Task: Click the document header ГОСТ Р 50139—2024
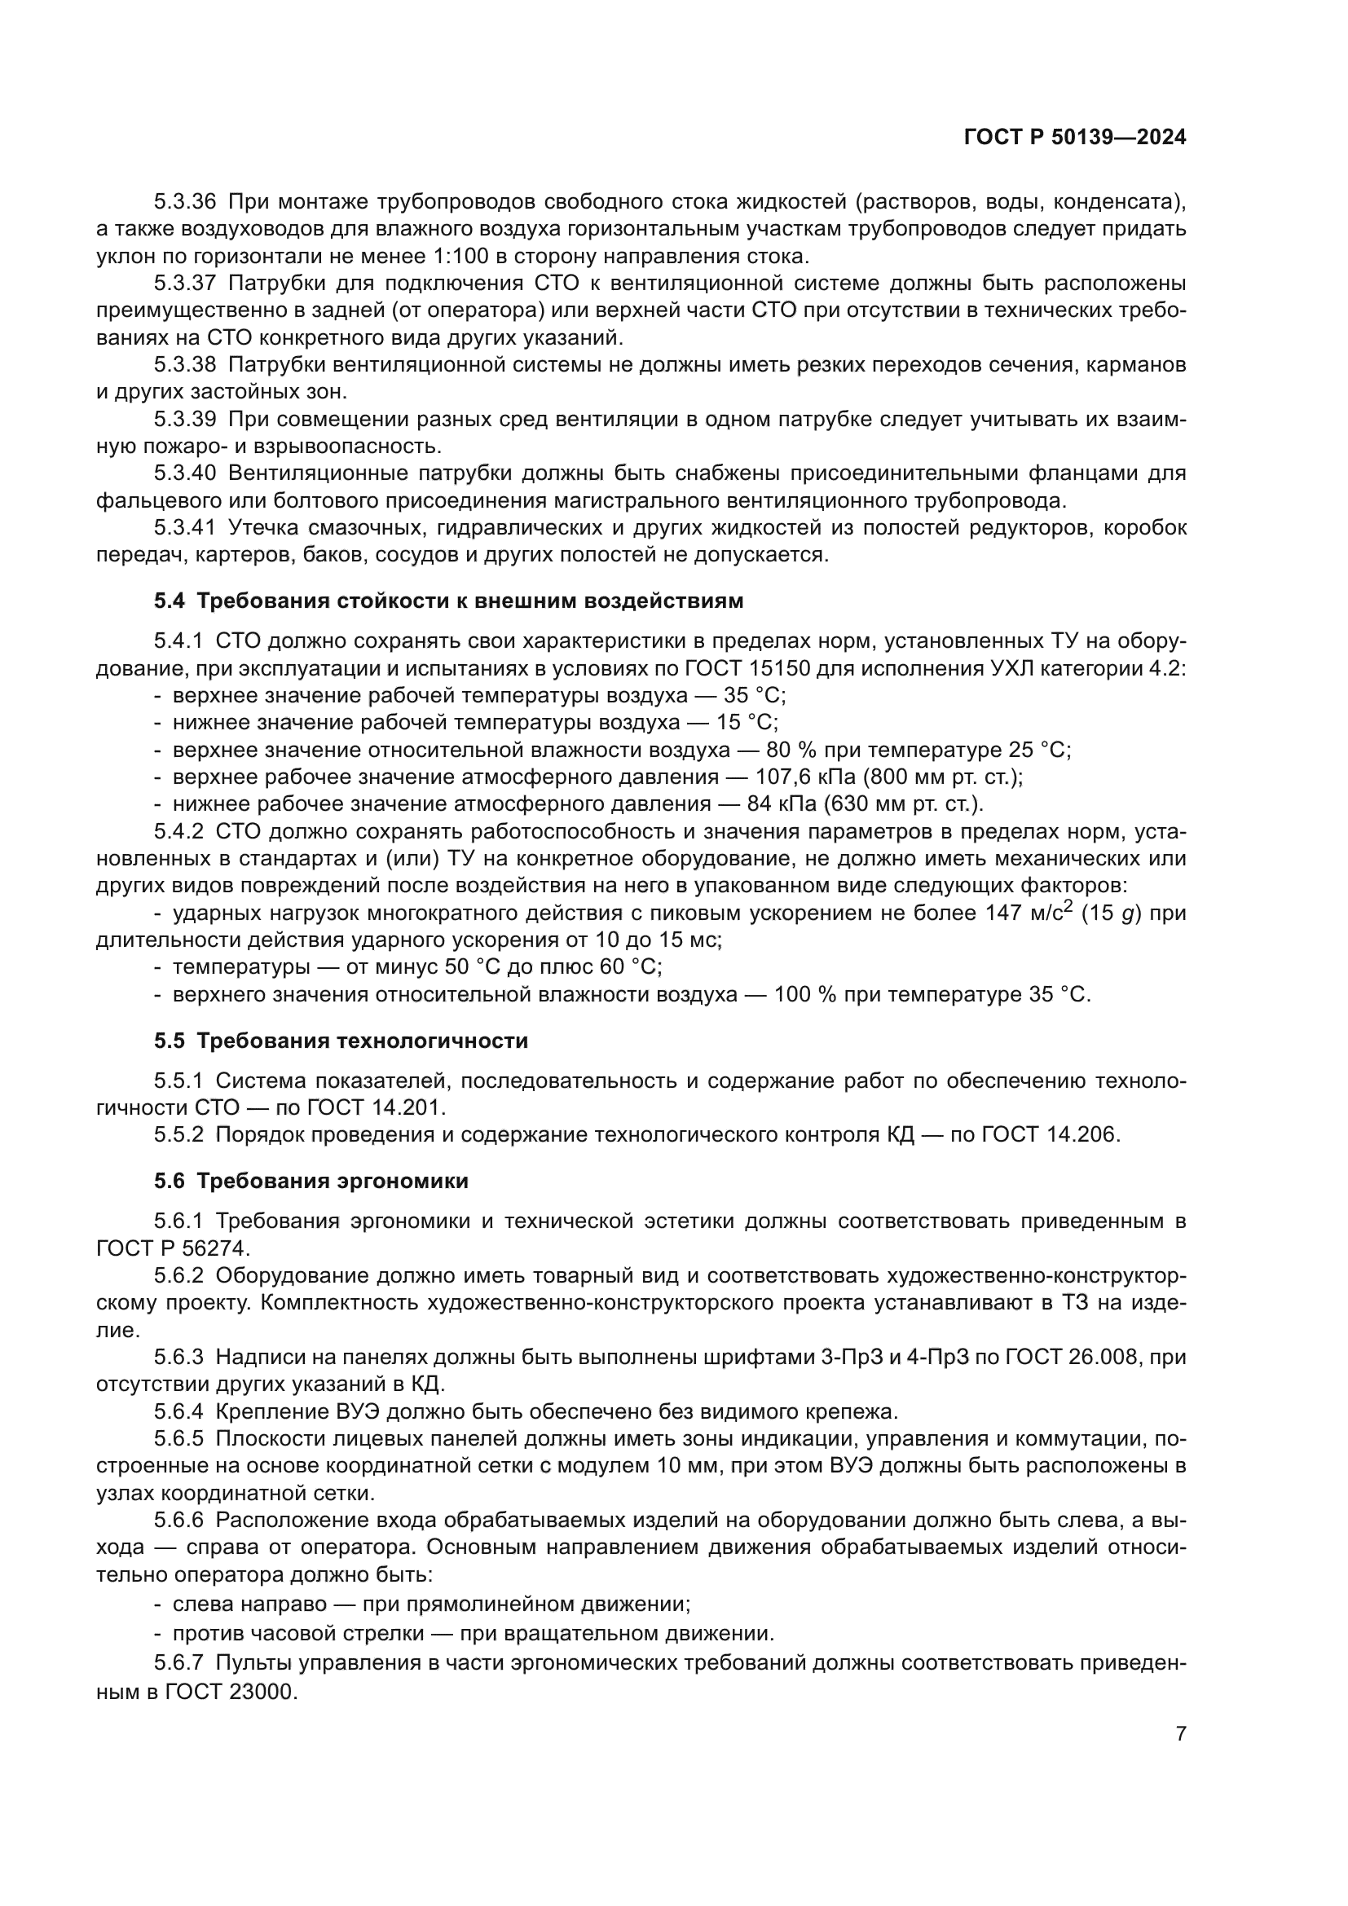tap(1074, 138)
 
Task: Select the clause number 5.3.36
tap(184, 202)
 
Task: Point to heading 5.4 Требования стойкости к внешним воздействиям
tap(448, 601)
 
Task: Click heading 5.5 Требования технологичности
tap(341, 1041)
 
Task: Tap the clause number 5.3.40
tap(184, 473)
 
